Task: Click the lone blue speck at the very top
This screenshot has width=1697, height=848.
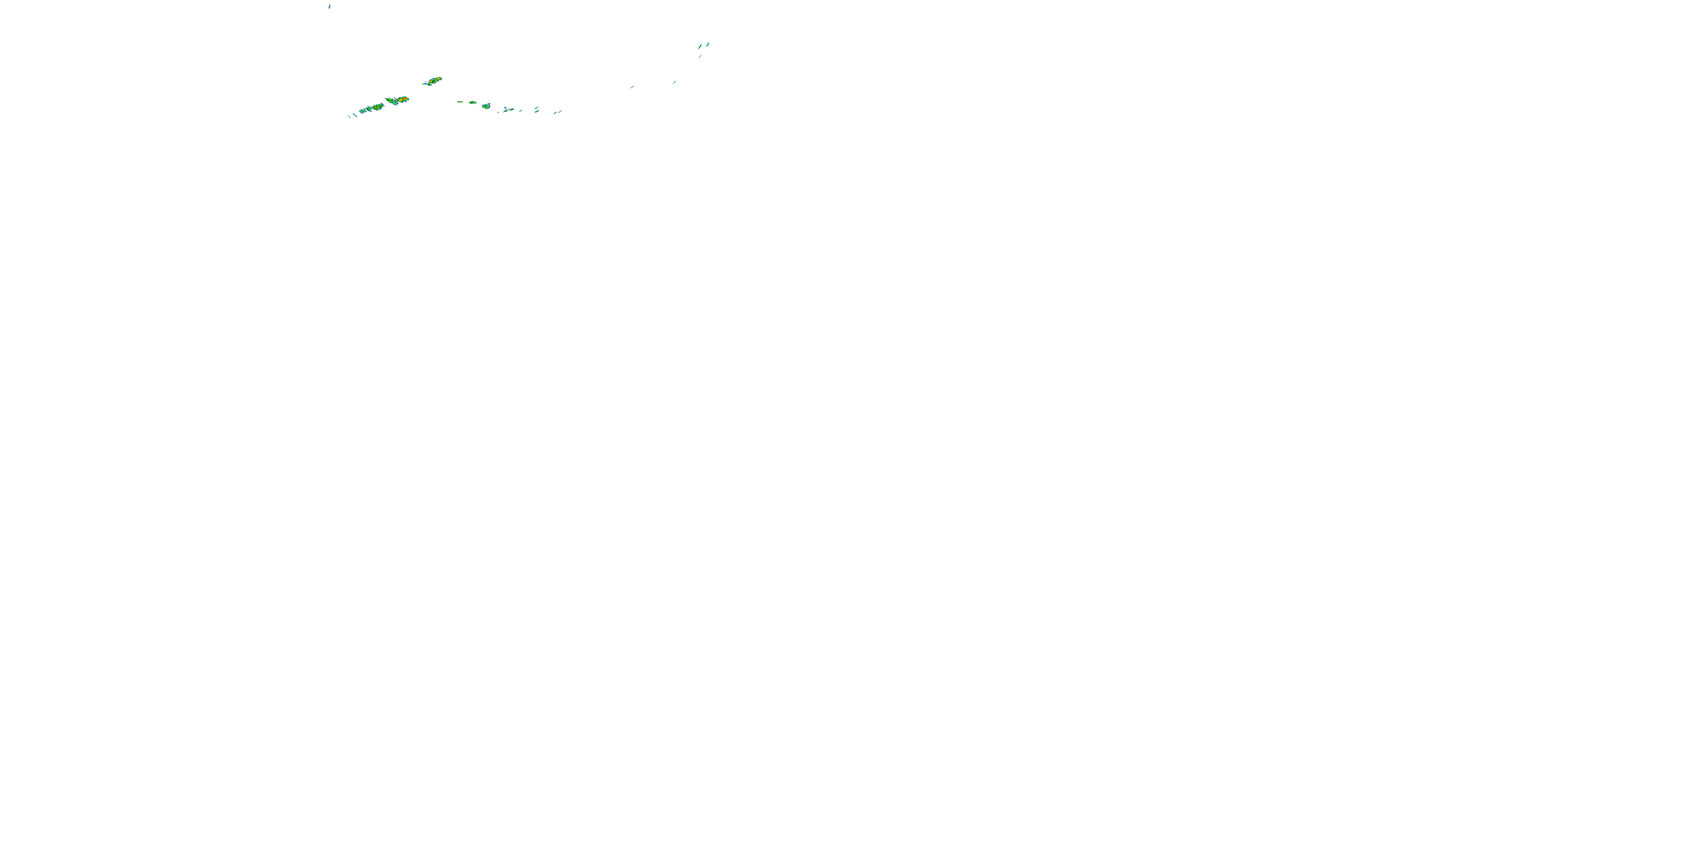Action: pos(329,6)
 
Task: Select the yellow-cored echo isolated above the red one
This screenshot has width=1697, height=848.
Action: pos(433,81)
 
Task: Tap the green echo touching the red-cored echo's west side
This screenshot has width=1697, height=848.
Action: pos(389,101)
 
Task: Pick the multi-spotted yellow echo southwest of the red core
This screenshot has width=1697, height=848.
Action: pos(377,107)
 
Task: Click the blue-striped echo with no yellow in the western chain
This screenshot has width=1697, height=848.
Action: pos(364,110)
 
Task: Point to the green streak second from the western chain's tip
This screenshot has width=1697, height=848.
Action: pos(355,115)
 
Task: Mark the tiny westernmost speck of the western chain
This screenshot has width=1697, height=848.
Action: pos(348,116)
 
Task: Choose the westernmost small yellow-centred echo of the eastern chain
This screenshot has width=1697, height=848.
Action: pos(460,102)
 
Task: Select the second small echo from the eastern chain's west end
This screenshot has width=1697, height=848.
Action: pos(473,103)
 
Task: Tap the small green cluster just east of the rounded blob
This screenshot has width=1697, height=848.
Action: pos(507,110)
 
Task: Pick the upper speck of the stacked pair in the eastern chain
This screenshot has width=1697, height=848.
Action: pos(536,108)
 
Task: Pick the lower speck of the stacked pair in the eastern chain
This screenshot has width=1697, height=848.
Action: pos(537,112)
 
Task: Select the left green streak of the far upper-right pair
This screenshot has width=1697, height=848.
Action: pos(700,46)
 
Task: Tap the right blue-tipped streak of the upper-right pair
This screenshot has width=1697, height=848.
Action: pos(708,44)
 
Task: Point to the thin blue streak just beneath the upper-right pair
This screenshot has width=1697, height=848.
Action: pos(700,57)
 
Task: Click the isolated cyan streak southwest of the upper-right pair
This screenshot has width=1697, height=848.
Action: pos(674,83)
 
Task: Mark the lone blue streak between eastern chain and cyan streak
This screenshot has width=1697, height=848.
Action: pos(632,87)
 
